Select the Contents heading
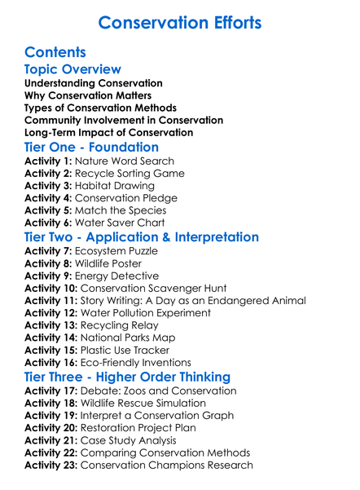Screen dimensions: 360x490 [x=55, y=52]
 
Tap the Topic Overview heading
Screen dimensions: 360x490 [x=73, y=69]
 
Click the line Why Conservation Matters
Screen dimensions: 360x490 [x=87, y=95]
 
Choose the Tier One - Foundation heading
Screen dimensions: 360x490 [x=92, y=148]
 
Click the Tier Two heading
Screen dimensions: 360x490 [x=142, y=237]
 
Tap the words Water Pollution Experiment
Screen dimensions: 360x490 [x=157, y=312]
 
